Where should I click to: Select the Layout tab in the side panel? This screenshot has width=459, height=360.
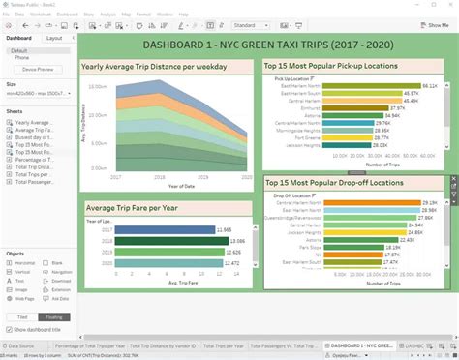pos(55,38)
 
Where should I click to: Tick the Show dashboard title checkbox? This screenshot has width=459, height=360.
pos(9,329)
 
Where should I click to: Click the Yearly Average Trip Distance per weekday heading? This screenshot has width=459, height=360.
pos(154,67)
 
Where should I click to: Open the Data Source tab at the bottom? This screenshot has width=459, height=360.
pos(21,345)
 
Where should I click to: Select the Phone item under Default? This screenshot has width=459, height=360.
pos(21,57)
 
